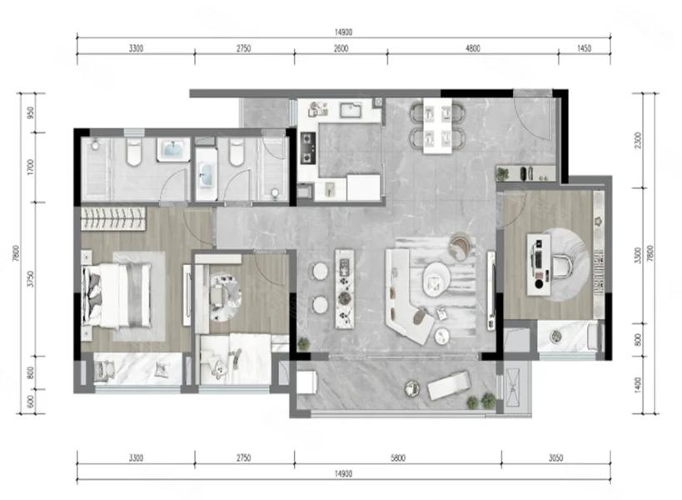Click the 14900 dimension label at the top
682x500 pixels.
point(344,32)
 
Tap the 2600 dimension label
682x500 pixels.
point(341,48)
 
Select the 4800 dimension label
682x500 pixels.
point(473,48)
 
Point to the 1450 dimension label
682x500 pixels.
point(584,48)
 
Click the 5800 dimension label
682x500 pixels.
point(397,457)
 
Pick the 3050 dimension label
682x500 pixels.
point(555,457)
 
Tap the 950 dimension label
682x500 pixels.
point(31,112)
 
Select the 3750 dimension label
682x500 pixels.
point(31,279)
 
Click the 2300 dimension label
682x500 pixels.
point(638,140)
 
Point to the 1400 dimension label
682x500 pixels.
point(638,385)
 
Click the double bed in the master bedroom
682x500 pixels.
point(117,295)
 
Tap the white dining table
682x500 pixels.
point(437,126)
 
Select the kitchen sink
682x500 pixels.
point(351,110)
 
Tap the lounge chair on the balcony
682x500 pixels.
point(449,385)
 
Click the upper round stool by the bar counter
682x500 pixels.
point(321,271)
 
